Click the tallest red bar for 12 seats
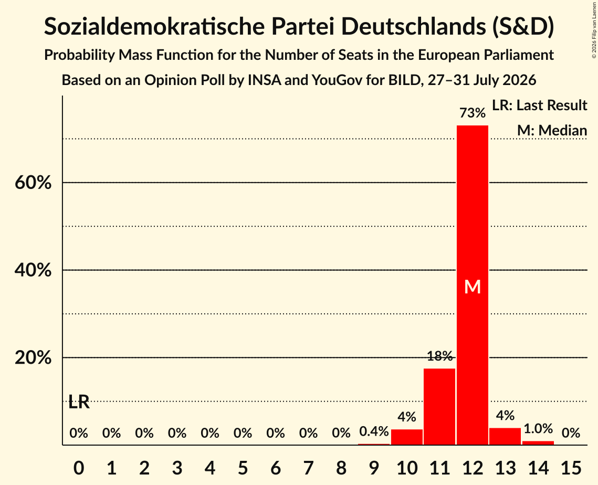tap(473, 285)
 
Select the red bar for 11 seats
tap(439, 406)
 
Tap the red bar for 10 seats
tap(407, 437)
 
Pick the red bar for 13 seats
tap(505, 436)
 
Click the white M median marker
tap(473, 287)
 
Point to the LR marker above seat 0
tap(79, 402)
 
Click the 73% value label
tap(473, 113)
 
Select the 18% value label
tap(440, 356)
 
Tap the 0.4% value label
tap(374, 431)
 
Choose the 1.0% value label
tap(538, 429)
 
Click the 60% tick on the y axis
tap(33, 183)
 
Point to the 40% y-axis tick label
tap(33, 270)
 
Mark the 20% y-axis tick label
tap(33, 357)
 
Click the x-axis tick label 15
tap(571, 468)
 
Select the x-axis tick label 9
tap(374, 468)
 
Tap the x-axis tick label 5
tap(243, 468)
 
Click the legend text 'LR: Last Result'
tap(539, 105)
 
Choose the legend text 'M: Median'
tap(552, 130)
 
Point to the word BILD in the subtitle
tap(405, 80)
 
